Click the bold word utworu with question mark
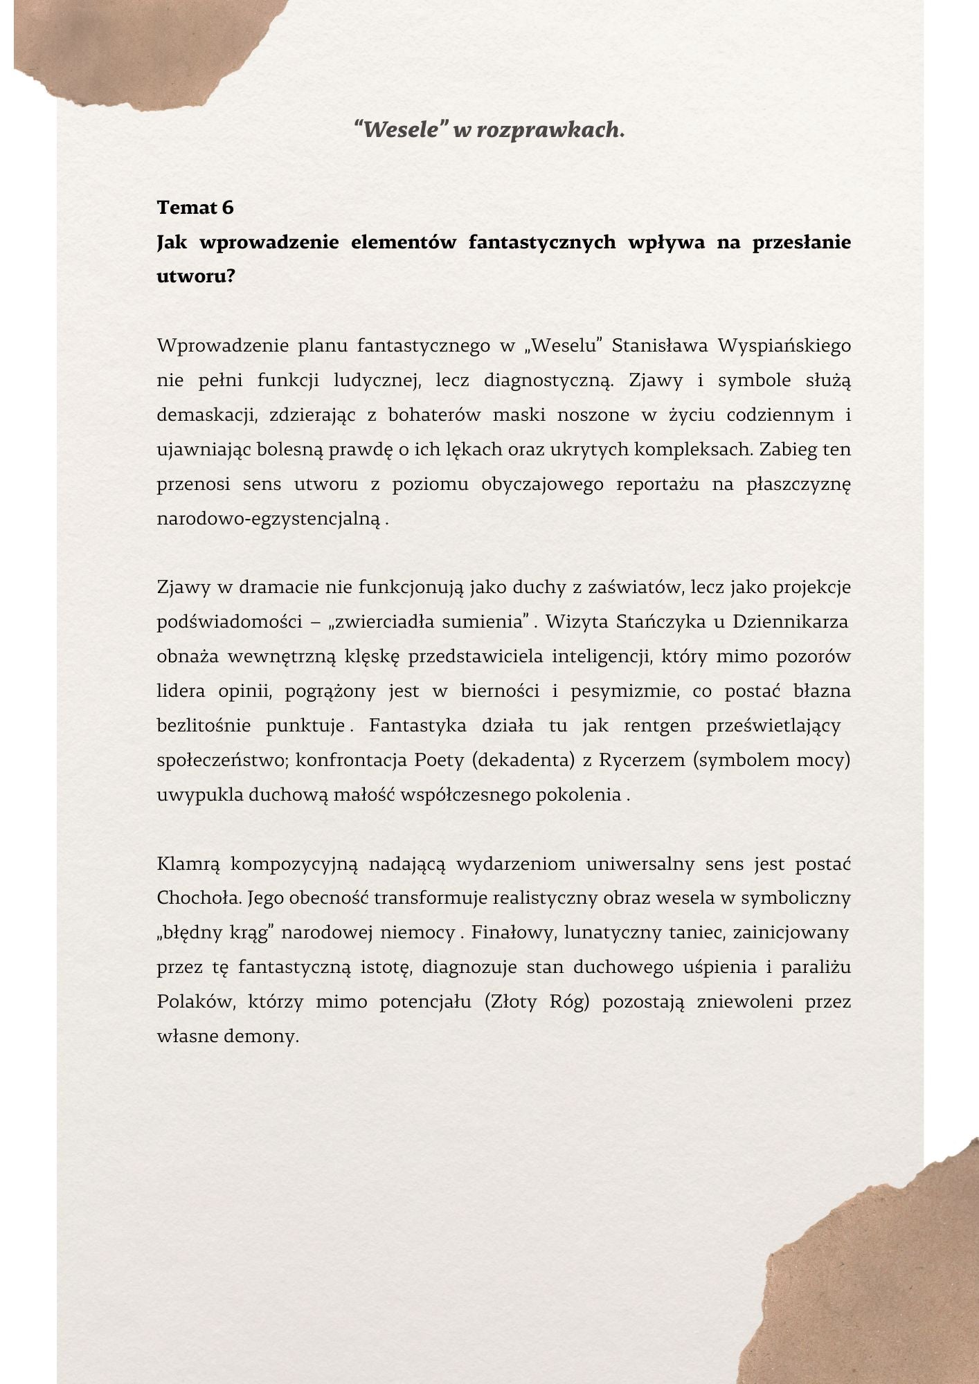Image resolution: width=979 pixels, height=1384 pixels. pos(196,277)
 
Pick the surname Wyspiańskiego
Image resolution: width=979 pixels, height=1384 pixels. pos(784,345)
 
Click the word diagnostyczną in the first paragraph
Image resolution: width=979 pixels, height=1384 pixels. pos(548,381)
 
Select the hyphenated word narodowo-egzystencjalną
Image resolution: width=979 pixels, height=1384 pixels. pos(269,518)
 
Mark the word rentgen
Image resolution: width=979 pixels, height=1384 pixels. pos(657,725)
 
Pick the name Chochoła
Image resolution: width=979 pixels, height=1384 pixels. pos(198,898)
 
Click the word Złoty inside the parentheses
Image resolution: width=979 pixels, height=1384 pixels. pos(514,1002)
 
